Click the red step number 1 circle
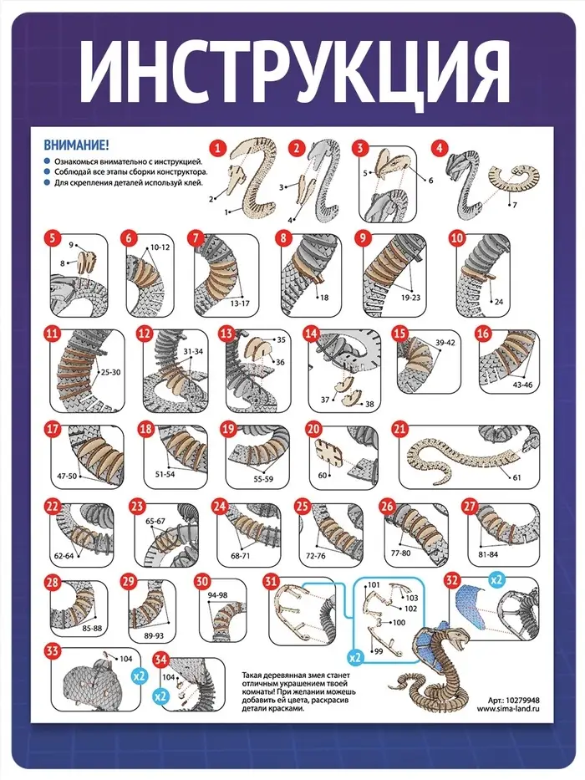pos(218,148)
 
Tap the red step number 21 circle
pos(400,429)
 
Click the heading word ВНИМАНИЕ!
pos(76,145)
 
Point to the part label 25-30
pos(110,371)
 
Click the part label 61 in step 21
pos(516,477)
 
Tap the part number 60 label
pos(322,475)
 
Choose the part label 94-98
pos(217,595)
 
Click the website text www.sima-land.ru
pos(508,709)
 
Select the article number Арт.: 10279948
pos(513,700)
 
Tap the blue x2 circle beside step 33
pos(140,675)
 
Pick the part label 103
pos(412,598)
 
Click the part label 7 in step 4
pos(515,205)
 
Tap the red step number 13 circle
pos(226,333)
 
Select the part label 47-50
pos(67,476)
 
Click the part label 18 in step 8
pos(324,298)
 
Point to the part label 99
pos(379,651)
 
